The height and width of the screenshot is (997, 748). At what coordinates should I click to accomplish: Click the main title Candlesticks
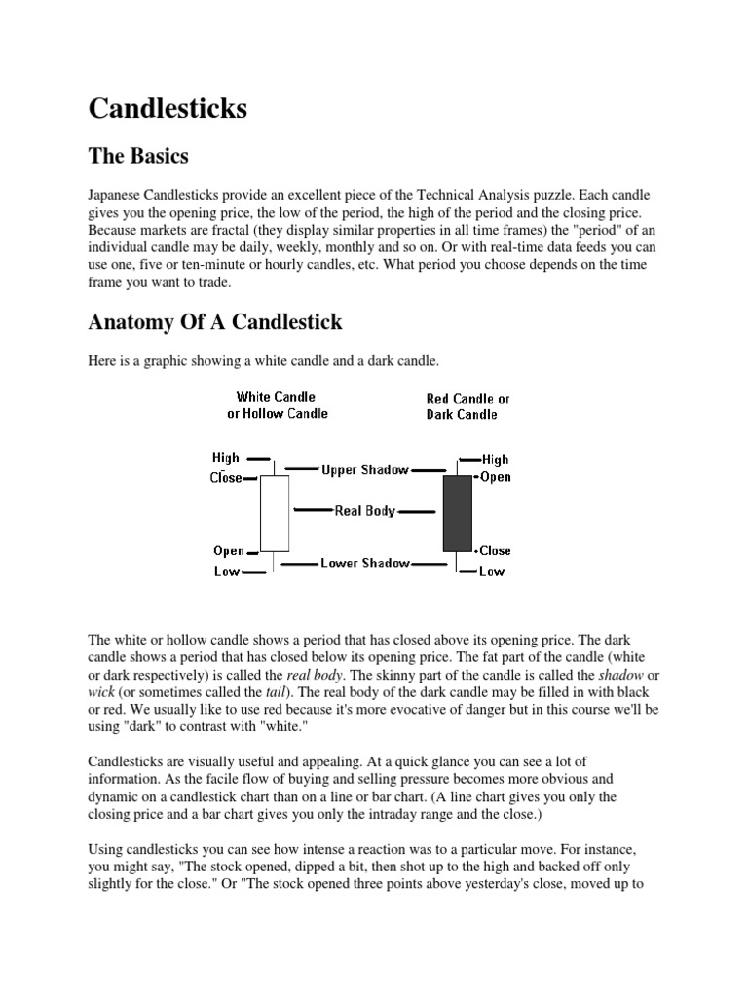168,108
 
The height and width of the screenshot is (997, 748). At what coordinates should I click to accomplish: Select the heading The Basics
138,156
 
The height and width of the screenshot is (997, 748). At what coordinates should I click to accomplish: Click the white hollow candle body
275,514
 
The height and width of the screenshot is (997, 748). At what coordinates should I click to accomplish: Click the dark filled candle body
457,514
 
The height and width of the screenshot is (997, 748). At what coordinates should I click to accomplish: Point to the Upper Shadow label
365,470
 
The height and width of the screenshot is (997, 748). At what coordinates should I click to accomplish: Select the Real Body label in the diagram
365,510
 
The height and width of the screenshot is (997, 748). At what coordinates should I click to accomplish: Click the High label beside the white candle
226,457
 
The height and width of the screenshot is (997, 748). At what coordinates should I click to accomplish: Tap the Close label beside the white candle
225,478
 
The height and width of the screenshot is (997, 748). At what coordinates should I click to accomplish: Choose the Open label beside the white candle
229,551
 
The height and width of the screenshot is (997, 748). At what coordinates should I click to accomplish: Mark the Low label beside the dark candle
492,572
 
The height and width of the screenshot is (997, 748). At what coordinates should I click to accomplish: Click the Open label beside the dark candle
495,477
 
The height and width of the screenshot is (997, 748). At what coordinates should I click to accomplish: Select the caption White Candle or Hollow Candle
278,405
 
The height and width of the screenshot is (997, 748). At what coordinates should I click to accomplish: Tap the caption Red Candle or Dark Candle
467,406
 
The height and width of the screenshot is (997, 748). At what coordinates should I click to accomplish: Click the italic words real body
315,675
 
